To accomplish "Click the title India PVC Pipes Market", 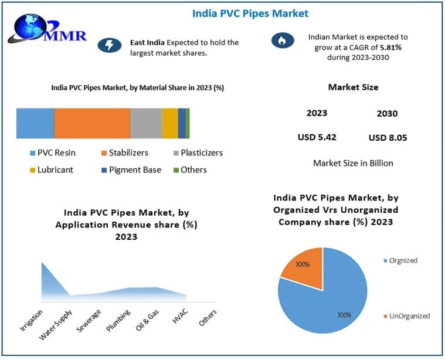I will (x=250, y=13).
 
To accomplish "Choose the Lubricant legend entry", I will (x=51, y=170).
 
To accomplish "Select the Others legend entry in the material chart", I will (x=190, y=170).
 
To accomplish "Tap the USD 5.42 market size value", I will (x=317, y=138).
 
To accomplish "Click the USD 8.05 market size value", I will (x=388, y=138).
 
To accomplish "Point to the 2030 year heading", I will (x=388, y=114).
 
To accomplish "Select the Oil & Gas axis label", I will (x=147, y=320).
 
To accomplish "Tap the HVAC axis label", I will (x=179, y=317).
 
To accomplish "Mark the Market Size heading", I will (x=353, y=87).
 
